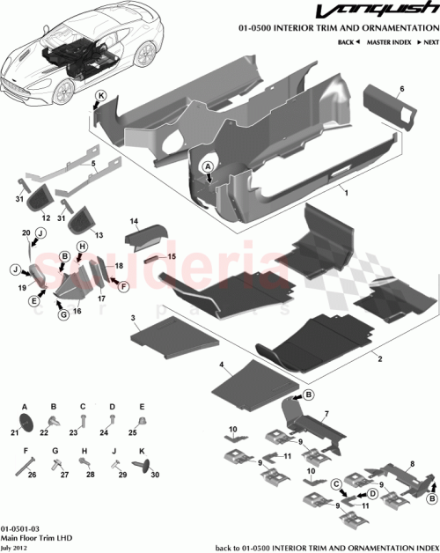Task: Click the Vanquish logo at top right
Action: coord(387,13)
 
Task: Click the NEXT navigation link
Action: coord(428,42)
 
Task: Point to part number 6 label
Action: coord(402,89)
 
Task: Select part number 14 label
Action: coord(136,222)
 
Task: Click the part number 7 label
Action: coord(325,413)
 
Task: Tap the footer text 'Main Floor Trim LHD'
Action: coord(33,534)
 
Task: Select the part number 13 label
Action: coord(99,235)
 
